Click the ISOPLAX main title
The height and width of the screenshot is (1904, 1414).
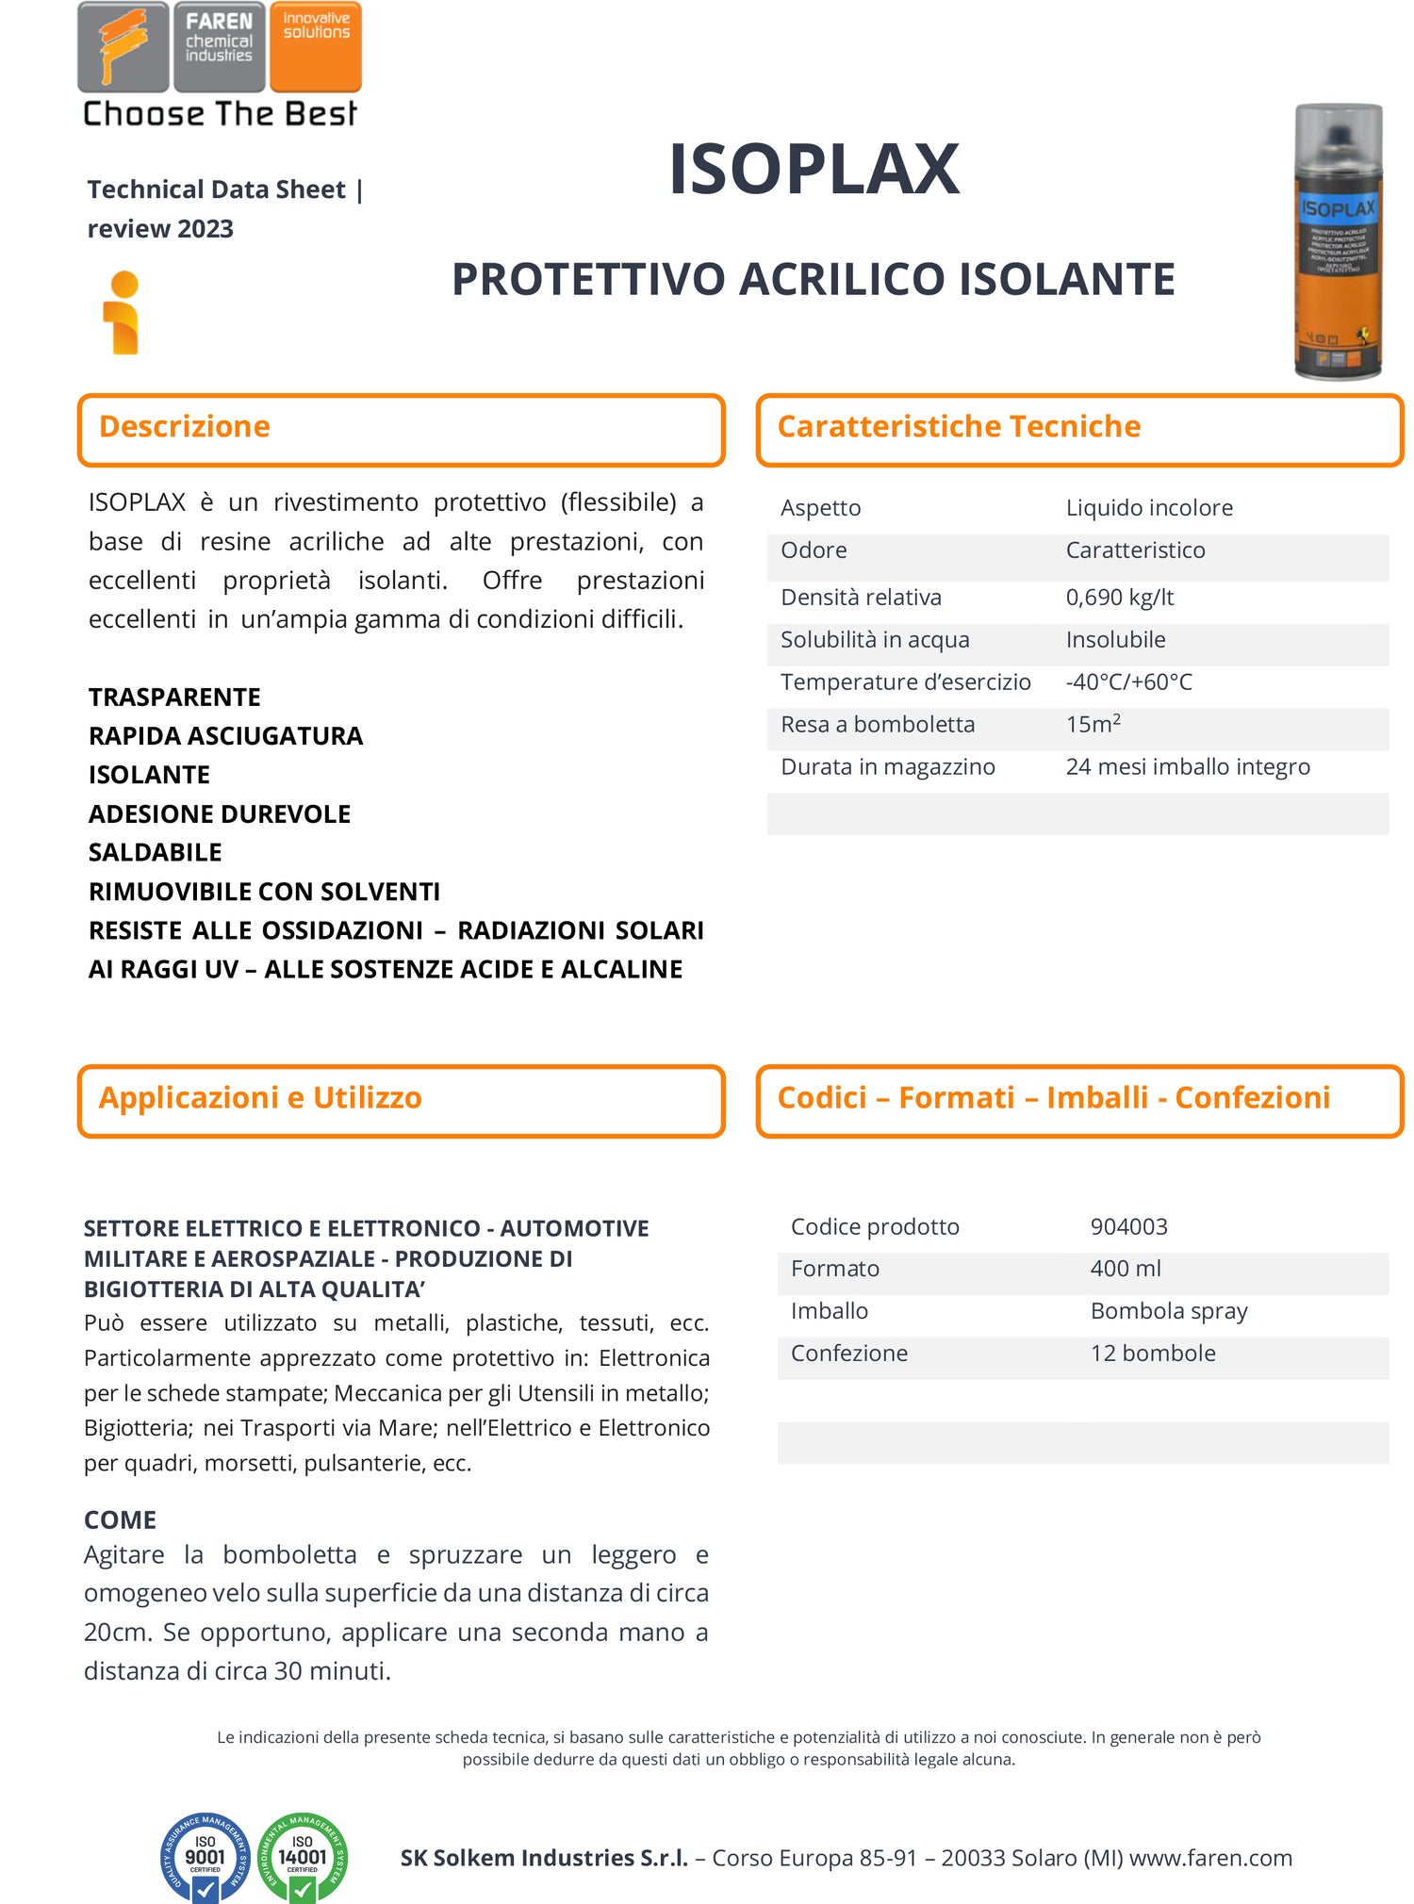click(x=814, y=171)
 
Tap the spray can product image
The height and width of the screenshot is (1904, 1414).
click(x=1338, y=242)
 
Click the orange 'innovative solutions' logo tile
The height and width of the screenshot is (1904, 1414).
click(x=316, y=46)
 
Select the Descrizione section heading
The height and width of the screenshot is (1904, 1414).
click(x=185, y=427)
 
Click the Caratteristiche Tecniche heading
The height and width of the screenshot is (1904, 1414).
click(x=959, y=427)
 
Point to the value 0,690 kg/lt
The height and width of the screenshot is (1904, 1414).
click(x=1119, y=598)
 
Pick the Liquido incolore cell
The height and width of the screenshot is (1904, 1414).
click(x=1149, y=508)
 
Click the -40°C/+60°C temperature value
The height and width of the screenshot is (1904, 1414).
click(x=1128, y=682)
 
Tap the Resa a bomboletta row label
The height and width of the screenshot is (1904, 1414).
click(x=878, y=725)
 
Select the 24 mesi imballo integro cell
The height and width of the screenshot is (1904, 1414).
click(x=1188, y=767)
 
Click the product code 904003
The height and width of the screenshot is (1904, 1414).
click(x=1128, y=1226)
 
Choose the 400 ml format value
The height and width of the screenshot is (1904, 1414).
click(x=1126, y=1269)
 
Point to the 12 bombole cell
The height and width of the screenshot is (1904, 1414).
click(x=1153, y=1354)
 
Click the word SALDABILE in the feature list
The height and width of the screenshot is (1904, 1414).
click(x=156, y=853)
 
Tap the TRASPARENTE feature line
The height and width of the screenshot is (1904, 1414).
click(x=174, y=698)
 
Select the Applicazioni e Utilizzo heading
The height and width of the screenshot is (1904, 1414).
click(x=260, y=1098)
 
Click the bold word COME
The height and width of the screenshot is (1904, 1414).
click(x=120, y=1519)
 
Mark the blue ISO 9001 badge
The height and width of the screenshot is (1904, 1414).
click(x=206, y=1857)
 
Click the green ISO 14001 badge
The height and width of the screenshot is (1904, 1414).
click(x=303, y=1857)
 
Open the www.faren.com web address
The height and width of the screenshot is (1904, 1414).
click(x=1210, y=1858)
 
